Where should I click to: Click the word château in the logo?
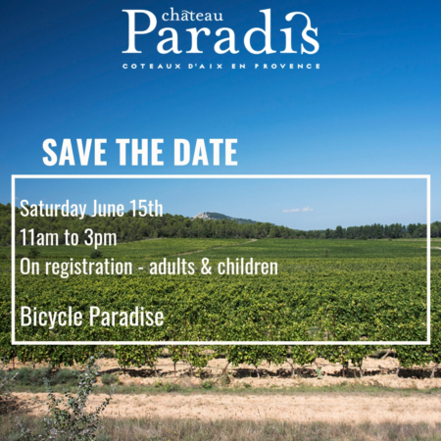192,16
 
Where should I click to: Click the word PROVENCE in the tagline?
287,66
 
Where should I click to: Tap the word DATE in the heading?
206,152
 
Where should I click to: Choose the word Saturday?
53,210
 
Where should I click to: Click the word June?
108,209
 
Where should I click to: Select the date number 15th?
146,209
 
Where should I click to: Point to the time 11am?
39,237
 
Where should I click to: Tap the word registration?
88,268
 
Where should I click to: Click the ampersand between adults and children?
206,268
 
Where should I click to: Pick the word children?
248,267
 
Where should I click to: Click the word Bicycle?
51,317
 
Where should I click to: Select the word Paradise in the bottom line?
126,317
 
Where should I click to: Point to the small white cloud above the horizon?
298,210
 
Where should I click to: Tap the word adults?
171,267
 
